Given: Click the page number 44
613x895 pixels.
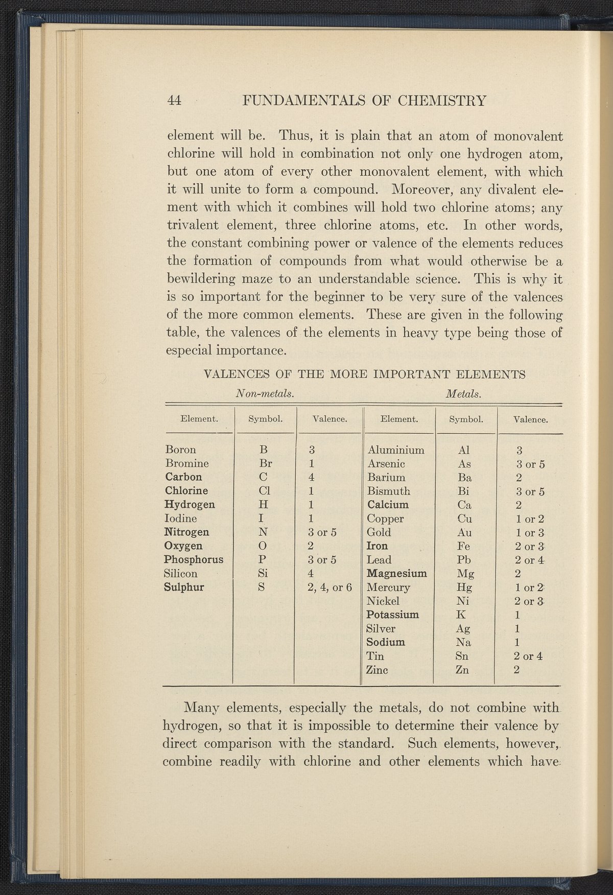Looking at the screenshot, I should pos(175,100).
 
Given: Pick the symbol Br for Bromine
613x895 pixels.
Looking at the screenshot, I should pos(265,464).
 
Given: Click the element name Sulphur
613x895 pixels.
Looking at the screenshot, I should pos(184,587).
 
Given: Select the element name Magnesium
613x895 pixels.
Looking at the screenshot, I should pos(397,573).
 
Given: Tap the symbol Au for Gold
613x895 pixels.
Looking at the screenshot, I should pos(464,532).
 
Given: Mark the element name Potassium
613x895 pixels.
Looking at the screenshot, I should pos(393,615).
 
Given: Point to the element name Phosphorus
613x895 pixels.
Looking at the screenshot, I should pos(194,559).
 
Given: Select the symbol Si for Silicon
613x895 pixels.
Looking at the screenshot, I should pos(264,573).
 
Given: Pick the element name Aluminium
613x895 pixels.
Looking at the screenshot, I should pos(396,450).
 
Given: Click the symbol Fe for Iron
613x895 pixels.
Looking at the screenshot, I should pos(464,546).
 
